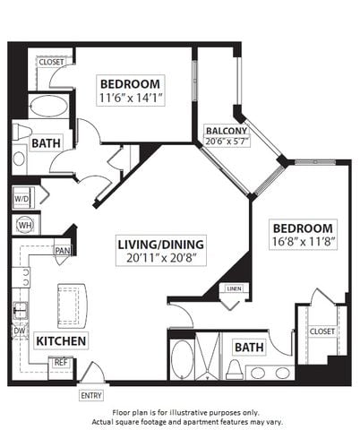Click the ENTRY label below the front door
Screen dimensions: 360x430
(91, 395)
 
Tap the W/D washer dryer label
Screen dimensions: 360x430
(21, 199)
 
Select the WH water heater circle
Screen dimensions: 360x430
(25, 225)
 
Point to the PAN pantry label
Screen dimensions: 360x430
(63, 250)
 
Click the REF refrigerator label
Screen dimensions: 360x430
(61, 363)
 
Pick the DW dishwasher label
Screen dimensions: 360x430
(20, 331)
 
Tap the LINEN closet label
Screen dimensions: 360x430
(234, 288)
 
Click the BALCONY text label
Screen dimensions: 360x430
(227, 131)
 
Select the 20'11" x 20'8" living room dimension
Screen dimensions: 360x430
(161, 258)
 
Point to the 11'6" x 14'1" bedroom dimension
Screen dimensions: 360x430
(130, 98)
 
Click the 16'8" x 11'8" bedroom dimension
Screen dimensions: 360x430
(303, 241)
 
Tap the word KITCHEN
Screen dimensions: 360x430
(61, 340)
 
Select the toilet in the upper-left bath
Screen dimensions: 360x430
(21, 132)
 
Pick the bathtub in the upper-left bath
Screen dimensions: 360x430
(48, 106)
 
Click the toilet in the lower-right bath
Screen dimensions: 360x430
(235, 370)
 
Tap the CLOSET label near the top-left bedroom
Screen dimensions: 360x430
(51, 62)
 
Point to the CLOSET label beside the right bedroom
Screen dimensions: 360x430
(322, 331)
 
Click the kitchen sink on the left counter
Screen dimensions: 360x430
(21, 311)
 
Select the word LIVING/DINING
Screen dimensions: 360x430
(161, 245)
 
